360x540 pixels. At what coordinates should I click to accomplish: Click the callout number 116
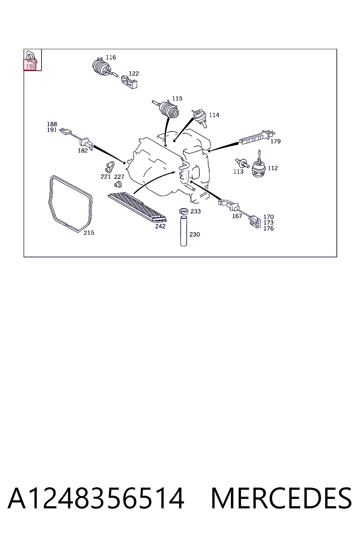click(111, 57)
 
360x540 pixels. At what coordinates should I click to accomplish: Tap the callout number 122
click(134, 73)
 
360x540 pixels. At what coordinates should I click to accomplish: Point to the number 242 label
click(160, 226)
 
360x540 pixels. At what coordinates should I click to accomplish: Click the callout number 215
click(89, 233)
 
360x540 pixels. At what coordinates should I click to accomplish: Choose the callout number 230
click(194, 234)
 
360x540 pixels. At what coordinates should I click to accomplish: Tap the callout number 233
click(195, 211)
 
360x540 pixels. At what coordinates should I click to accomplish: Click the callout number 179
click(275, 141)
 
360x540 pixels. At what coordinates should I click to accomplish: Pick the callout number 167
click(237, 216)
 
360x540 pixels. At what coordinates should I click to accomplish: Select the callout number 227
click(119, 177)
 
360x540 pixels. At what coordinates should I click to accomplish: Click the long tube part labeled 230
click(184, 231)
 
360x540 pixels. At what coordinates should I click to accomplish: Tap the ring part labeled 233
click(184, 211)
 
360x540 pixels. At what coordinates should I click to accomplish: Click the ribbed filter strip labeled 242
click(137, 207)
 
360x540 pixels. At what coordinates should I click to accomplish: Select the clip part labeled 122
click(129, 82)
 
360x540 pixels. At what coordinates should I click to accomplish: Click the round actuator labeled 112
click(258, 167)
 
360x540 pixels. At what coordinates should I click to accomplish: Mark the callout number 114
click(214, 115)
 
